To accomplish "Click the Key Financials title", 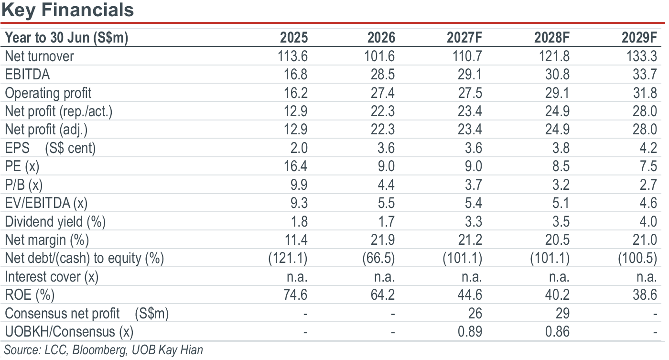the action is pyautogui.click(x=67, y=10).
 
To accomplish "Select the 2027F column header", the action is pyautogui.click(x=464, y=38).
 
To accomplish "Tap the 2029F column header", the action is pyautogui.click(x=639, y=38).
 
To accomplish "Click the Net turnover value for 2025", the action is pyautogui.click(x=292, y=56).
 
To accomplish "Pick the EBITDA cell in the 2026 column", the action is pyautogui.click(x=383, y=75).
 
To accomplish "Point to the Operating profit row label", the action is pyautogui.click(x=48, y=93).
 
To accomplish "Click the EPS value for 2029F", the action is pyautogui.click(x=648, y=148).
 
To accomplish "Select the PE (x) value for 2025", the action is pyautogui.click(x=295, y=166).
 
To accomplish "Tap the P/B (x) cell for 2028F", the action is pyautogui.click(x=561, y=185).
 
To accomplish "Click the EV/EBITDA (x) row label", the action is pyautogui.click(x=46, y=203).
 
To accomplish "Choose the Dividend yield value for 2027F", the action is pyautogui.click(x=473, y=222).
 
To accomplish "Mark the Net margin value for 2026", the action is pyautogui.click(x=383, y=240).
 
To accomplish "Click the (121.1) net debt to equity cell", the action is pyautogui.click(x=288, y=259).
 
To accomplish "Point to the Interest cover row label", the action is pyautogui.click(x=52, y=277).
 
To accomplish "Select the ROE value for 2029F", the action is pyautogui.click(x=645, y=295).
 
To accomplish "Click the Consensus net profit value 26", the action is pyautogui.click(x=475, y=314).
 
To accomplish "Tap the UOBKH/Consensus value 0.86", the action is pyautogui.click(x=557, y=332).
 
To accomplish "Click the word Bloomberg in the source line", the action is pyautogui.click(x=100, y=350).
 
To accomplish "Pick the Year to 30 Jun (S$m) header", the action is pyautogui.click(x=66, y=38).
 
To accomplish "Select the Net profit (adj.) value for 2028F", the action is pyautogui.click(x=557, y=130).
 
